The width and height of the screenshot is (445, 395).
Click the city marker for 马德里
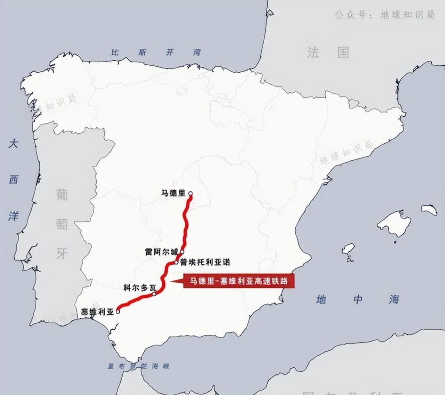coord(191,194)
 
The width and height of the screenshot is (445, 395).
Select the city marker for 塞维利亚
coord(118,312)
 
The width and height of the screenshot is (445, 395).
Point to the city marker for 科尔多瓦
coord(154,294)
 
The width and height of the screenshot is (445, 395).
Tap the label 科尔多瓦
coord(140,288)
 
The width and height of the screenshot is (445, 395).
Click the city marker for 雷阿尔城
coord(182,252)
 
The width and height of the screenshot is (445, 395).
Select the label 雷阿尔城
coord(162,252)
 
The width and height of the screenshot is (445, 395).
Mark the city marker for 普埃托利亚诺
coord(177,262)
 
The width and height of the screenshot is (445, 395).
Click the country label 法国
coord(328,53)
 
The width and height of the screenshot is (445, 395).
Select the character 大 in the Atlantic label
coord(14,144)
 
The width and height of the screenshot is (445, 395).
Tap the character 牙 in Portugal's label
coord(62,254)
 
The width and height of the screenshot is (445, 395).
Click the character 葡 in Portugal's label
coord(62,195)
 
